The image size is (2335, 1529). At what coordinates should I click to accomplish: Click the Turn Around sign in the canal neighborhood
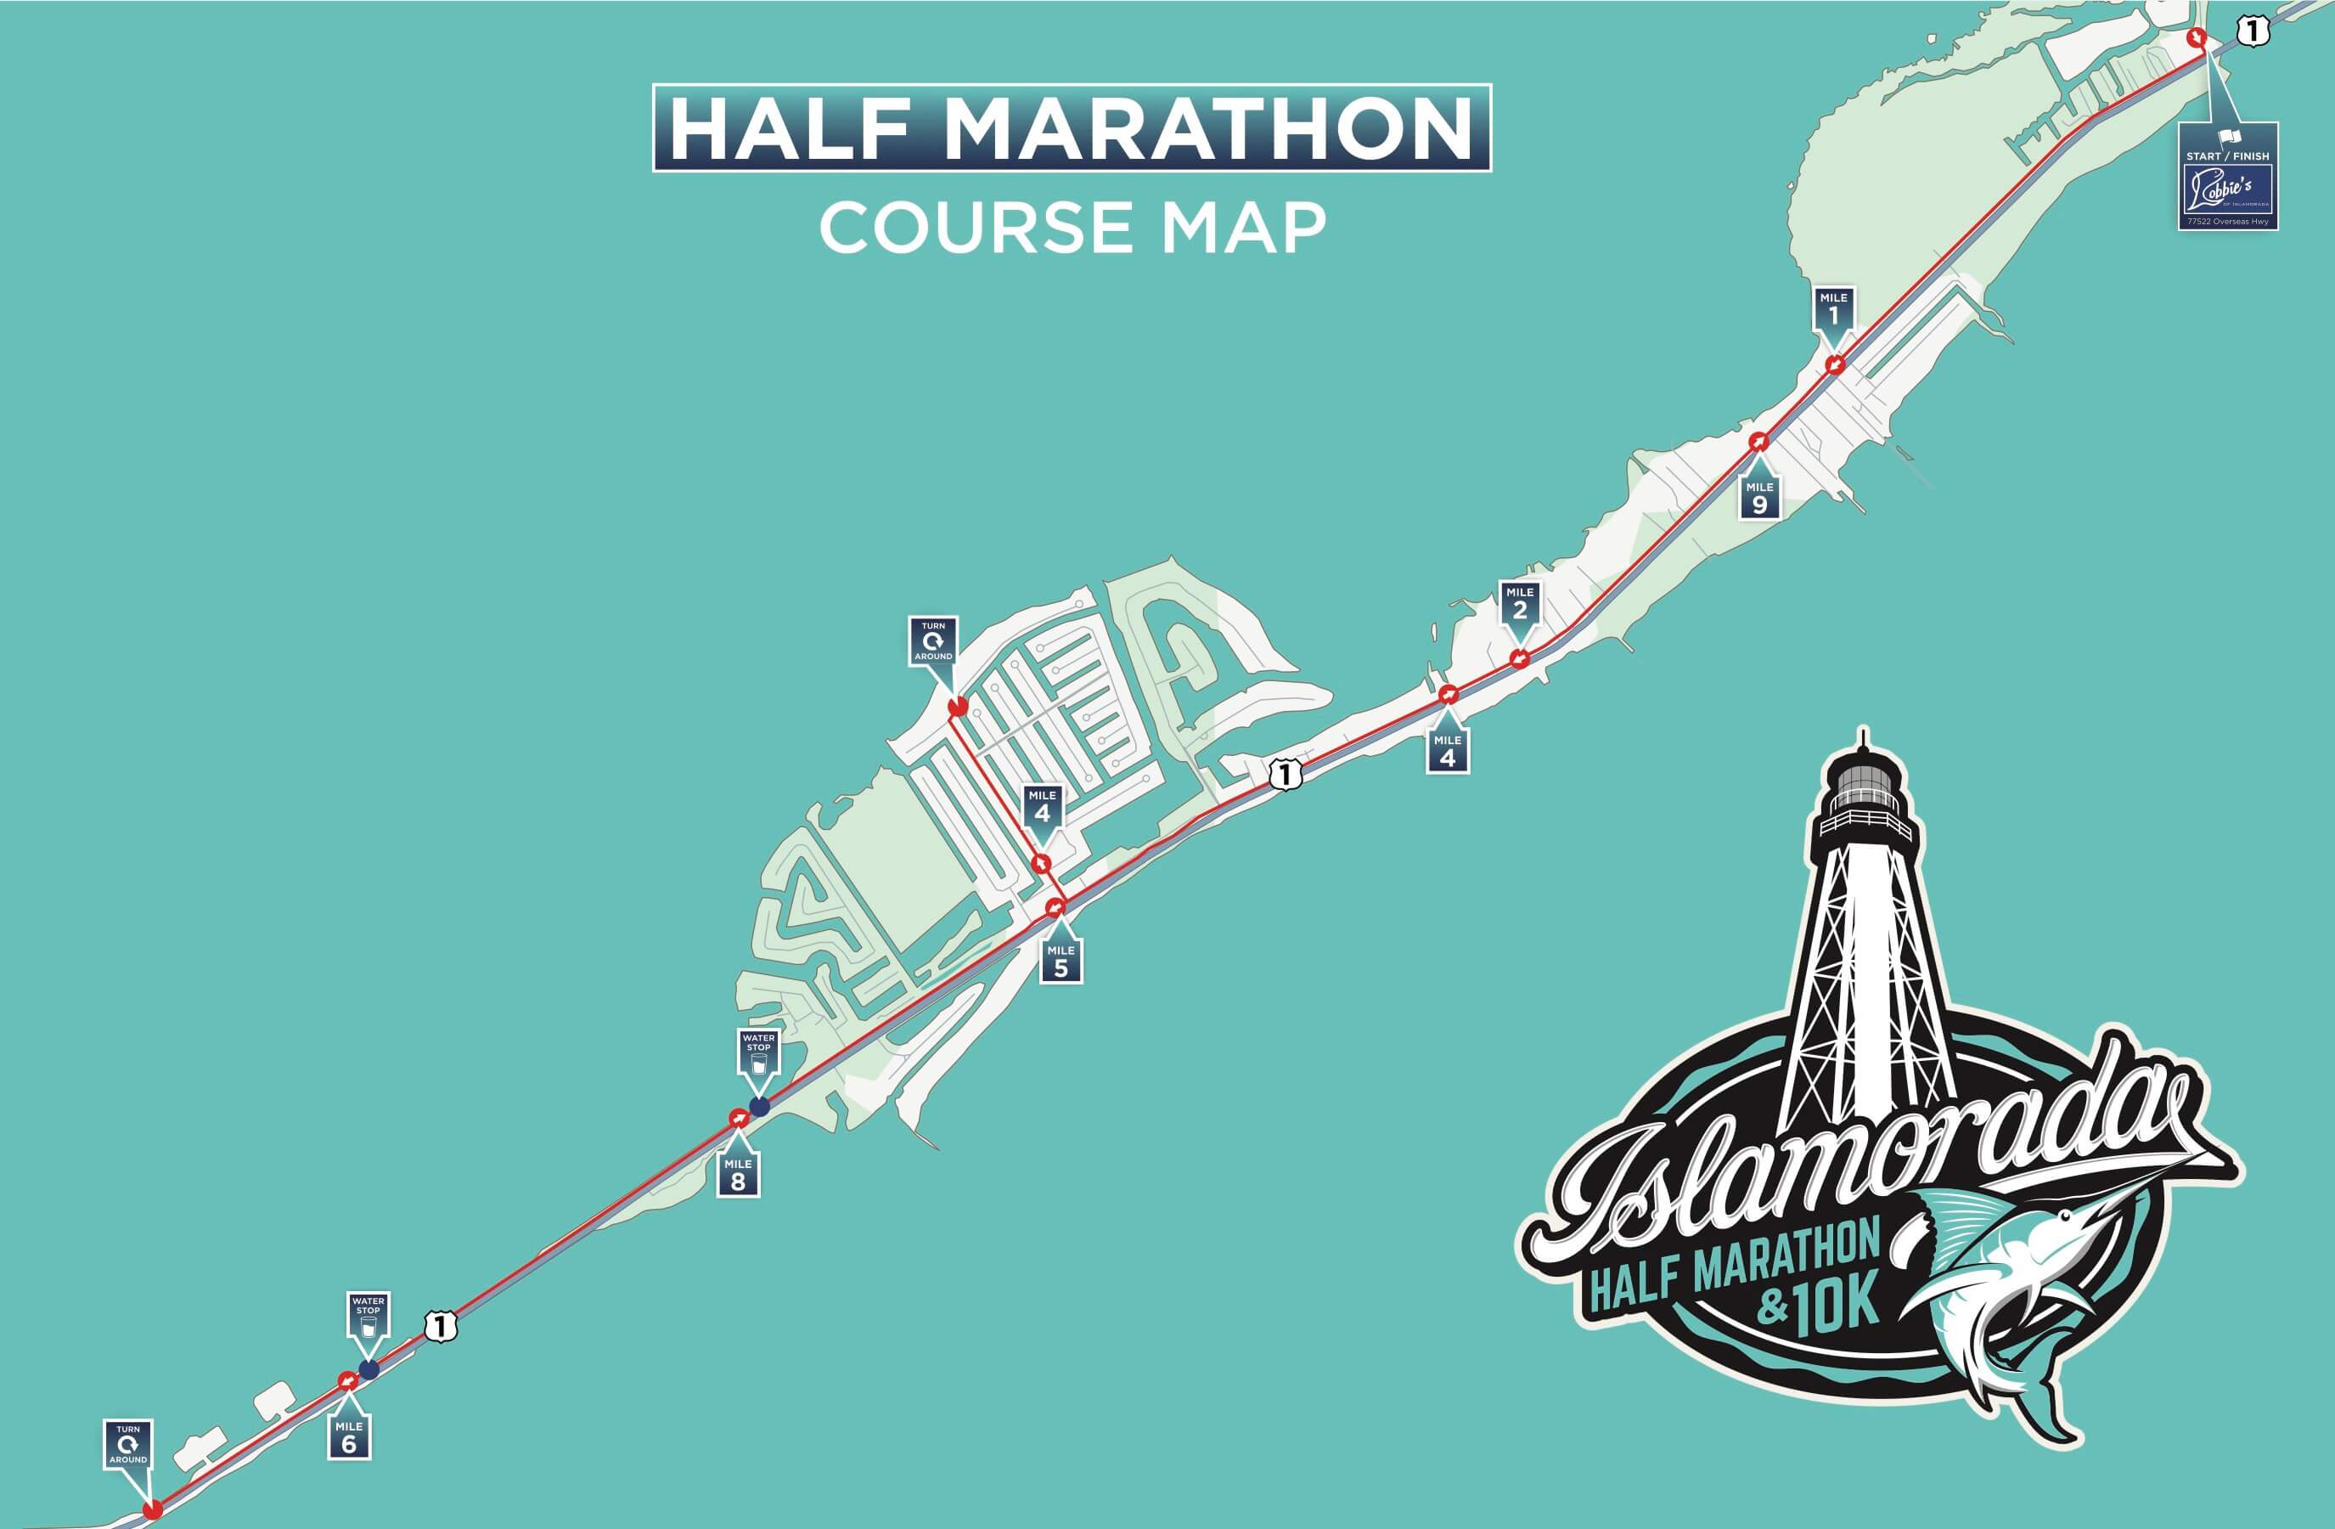pyautogui.click(x=933, y=640)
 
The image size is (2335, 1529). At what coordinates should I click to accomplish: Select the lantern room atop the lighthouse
pyautogui.click(x=1863, y=786)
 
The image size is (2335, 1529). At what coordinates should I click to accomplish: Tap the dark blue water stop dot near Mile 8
pyautogui.click(x=758, y=1107)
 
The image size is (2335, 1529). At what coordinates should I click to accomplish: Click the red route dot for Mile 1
pyautogui.click(x=1835, y=365)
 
